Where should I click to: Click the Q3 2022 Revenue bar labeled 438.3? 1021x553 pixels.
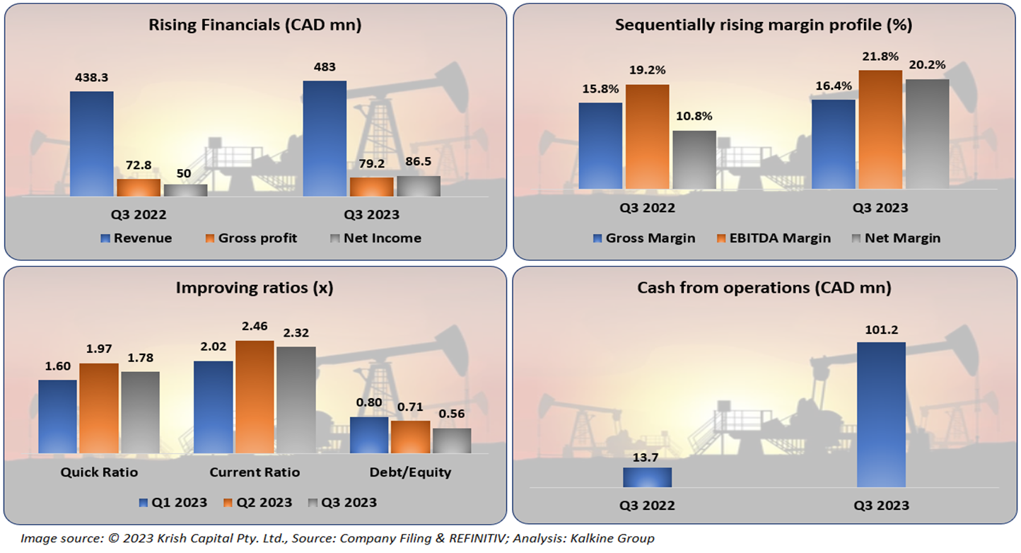click(91, 144)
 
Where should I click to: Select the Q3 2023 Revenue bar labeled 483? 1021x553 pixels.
click(325, 139)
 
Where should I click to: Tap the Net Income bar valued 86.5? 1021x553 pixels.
click(418, 186)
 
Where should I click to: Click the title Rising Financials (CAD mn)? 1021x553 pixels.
click(255, 25)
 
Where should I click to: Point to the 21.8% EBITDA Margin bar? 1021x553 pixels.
click(880, 129)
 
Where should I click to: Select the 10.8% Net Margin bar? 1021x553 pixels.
click(694, 160)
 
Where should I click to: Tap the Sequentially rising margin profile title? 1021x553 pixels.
click(764, 25)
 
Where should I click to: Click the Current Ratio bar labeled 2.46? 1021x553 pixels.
click(255, 397)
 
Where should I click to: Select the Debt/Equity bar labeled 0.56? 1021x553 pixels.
click(451, 441)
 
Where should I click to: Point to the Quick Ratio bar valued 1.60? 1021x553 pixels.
click(57, 417)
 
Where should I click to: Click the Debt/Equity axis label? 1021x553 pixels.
click(410, 472)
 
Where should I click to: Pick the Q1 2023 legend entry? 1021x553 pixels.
click(173, 503)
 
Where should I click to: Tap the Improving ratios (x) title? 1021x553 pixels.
click(255, 289)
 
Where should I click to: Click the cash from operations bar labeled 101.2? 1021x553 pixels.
click(880, 415)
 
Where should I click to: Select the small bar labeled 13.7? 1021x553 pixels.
click(647, 477)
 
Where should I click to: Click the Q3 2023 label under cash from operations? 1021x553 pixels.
click(880, 506)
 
